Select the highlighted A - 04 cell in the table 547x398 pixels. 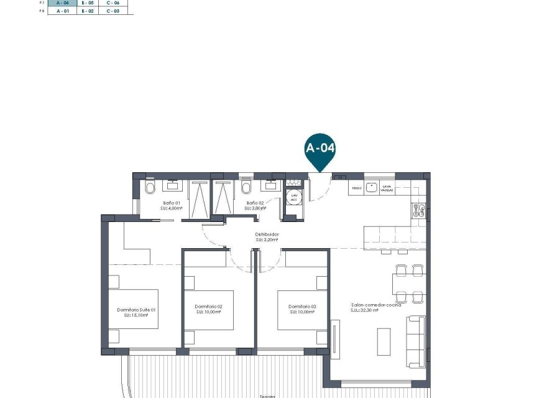pyautogui.click(x=63, y=3)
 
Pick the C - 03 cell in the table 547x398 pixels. pyautogui.click(x=113, y=11)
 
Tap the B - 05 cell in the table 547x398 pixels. pyautogui.click(x=88, y=3)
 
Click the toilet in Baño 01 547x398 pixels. pyautogui.click(x=149, y=187)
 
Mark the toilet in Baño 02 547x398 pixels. pyautogui.click(x=246, y=187)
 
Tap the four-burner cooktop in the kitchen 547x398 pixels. pyautogui.click(x=418, y=211)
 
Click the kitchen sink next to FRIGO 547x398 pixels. pyautogui.click(x=372, y=187)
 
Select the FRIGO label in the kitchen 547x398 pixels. pyautogui.click(x=356, y=187)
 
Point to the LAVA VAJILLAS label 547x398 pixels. pyautogui.click(x=387, y=188)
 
